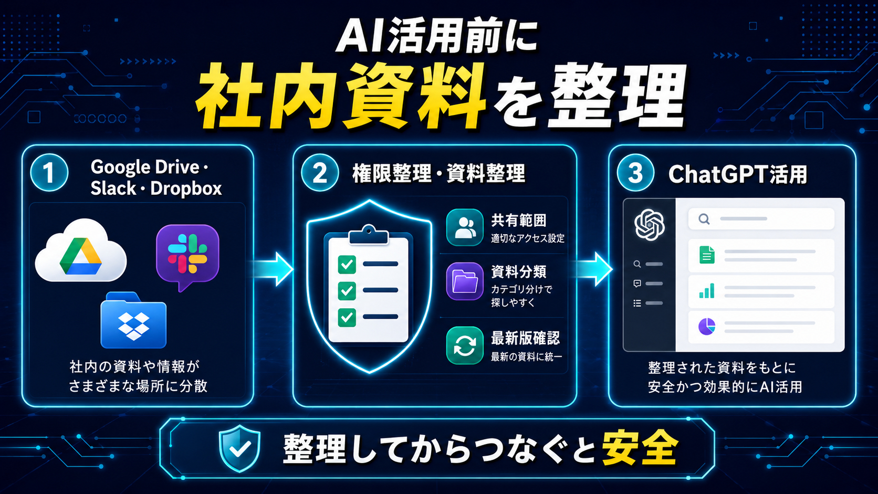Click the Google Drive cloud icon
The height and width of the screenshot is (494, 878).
point(81,251)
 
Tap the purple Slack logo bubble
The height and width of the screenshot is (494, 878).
point(187,255)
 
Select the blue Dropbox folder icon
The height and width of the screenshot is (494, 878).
point(134,320)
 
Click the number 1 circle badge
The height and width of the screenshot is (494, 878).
point(49,173)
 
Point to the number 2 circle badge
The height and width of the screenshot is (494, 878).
point(320,173)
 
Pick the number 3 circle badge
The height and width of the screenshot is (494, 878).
point(635,173)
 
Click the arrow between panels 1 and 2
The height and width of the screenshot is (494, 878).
point(273,269)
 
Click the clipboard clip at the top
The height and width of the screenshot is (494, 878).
point(369,234)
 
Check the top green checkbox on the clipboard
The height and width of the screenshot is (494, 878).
point(347,265)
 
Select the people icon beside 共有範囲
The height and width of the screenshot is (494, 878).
point(465,227)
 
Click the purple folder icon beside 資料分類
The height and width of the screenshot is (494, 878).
point(465,281)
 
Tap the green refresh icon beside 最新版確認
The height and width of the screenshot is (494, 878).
point(465,345)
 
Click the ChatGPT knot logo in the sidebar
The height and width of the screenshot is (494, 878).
point(650,225)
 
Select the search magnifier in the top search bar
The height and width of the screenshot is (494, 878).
point(704,218)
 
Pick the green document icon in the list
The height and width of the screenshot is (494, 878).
point(707,255)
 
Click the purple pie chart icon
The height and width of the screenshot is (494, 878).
point(707,327)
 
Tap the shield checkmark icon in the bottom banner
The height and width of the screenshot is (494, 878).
point(239,448)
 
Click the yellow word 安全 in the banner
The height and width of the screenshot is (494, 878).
point(640,447)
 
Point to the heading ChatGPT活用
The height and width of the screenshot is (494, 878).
point(738,174)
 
